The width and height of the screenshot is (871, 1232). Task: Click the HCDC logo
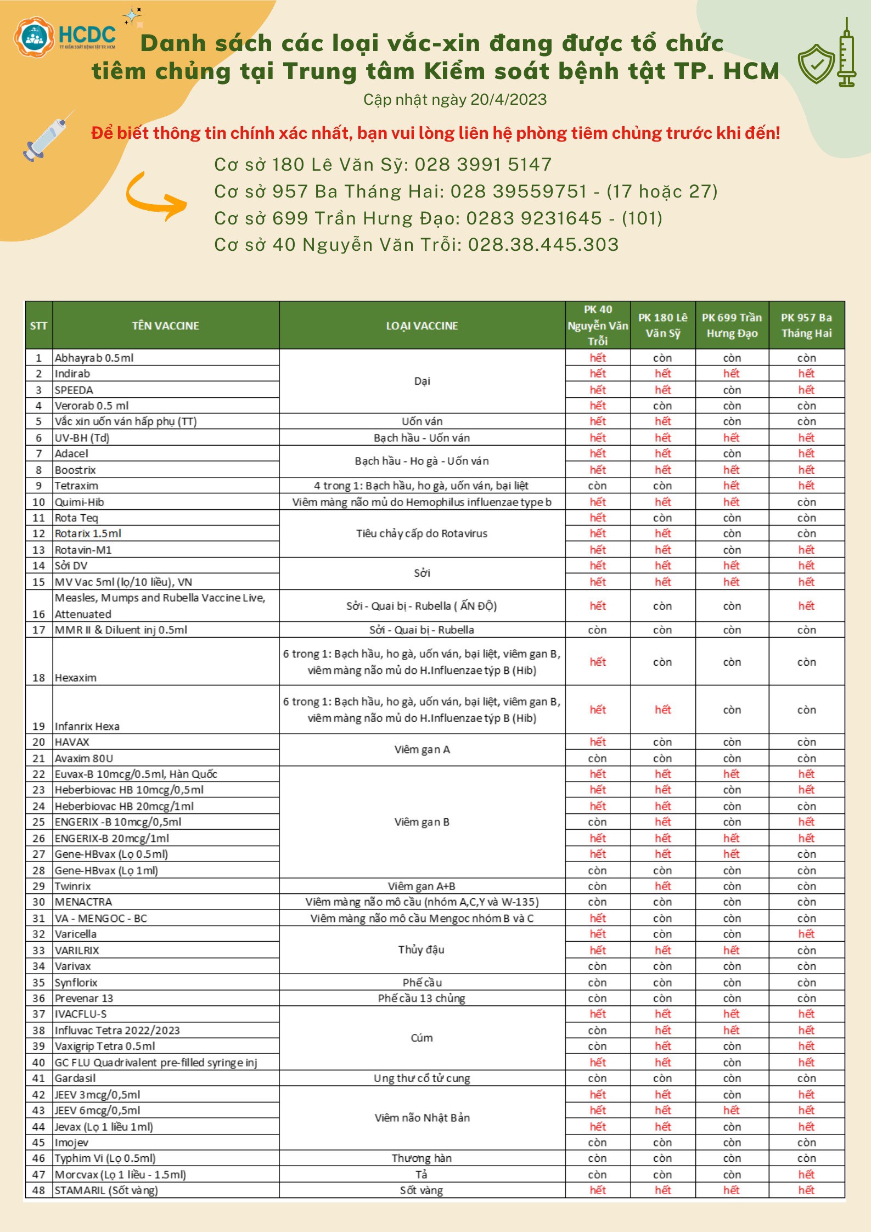[x=65, y=37]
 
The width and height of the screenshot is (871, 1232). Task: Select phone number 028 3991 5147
[x=483, y=164]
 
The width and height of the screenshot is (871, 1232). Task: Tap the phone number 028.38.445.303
[x=543, y=244]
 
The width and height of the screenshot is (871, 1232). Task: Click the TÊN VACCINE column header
[x=165, y=326]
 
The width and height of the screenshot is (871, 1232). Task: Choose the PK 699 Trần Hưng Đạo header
[x=732, y=325]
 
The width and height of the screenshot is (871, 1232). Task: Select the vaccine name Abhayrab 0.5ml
[x=94, y=358]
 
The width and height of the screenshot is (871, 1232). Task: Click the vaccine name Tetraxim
[x=76, y=486]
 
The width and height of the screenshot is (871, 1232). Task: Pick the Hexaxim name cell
[x=76, y=677]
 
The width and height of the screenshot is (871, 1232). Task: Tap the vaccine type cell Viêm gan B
[x=422, y=822]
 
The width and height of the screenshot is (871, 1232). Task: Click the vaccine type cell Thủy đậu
[x=421, y=949]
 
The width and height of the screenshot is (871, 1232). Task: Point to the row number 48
[x=38, y=1190]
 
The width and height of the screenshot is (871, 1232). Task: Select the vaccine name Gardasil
[x=75, y=1078]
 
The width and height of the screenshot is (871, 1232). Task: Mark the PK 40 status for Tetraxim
[x=597, y=486]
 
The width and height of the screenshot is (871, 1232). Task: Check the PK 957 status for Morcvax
[x=806, y=1174]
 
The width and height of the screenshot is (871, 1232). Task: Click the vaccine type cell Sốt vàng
[x=421, y=1190]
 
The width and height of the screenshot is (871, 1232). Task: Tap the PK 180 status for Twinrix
[x=662, y=886]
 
